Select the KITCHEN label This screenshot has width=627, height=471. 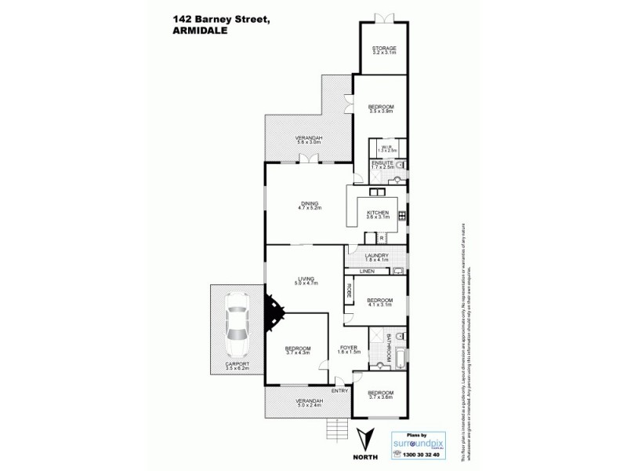point(378,213)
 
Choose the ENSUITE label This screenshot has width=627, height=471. point(382,162)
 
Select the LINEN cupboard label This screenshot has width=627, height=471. point(367,272)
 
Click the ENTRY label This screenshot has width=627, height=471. point(340,390)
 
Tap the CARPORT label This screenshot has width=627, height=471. point(237,363)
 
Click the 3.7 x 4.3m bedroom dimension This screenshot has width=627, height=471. point(298,353)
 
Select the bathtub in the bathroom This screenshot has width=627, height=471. point(398,354)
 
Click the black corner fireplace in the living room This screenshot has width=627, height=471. point(272,312)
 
